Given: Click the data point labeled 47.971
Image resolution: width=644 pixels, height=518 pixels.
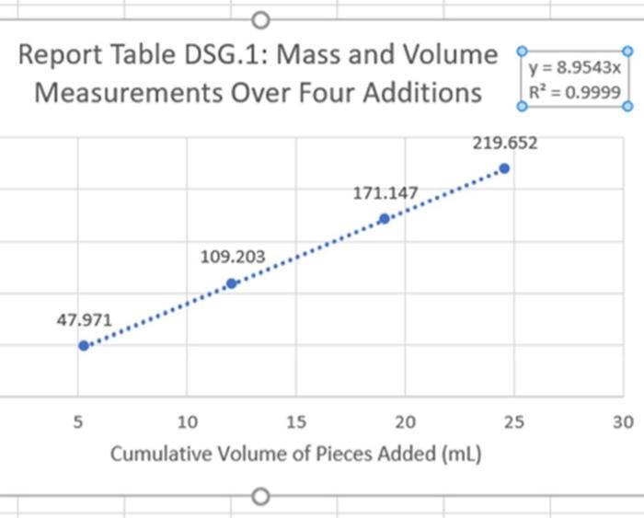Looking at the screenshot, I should (83, 346).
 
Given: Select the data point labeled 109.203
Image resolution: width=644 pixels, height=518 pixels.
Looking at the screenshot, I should (232, 283).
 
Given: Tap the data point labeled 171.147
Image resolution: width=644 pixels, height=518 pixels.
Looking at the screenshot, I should (384, 218).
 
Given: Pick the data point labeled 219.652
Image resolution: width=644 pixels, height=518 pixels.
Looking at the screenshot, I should (504, 167).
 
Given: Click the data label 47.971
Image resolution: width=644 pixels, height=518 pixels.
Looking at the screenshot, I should (83, 320).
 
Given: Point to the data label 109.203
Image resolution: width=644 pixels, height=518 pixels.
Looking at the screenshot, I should (233, 257).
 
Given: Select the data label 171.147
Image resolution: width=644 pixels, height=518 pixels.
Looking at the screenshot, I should (385, 194).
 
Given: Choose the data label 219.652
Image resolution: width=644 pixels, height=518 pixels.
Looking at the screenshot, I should (505, 143).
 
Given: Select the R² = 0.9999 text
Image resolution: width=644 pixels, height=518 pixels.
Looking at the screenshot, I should (576, 92).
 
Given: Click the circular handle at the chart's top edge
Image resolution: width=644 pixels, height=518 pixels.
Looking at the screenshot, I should (260, 19).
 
